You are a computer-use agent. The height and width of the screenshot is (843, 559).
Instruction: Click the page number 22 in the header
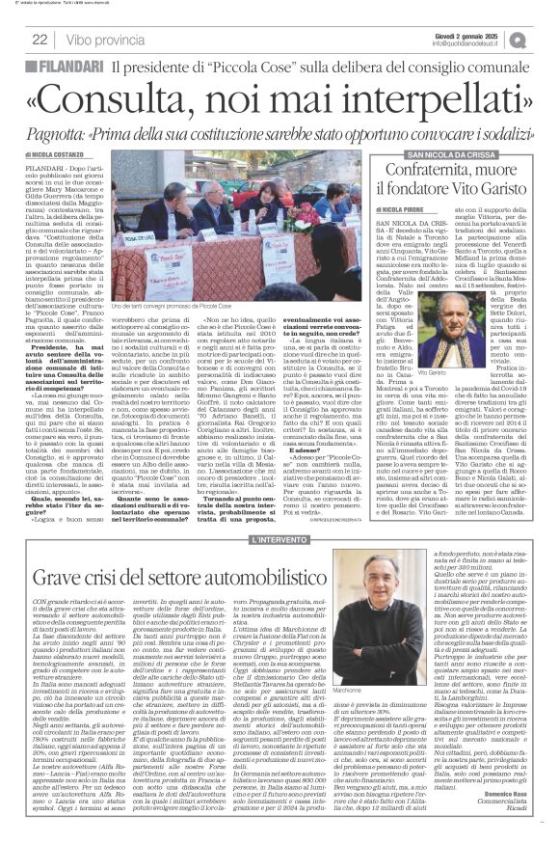click(41, 40)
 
